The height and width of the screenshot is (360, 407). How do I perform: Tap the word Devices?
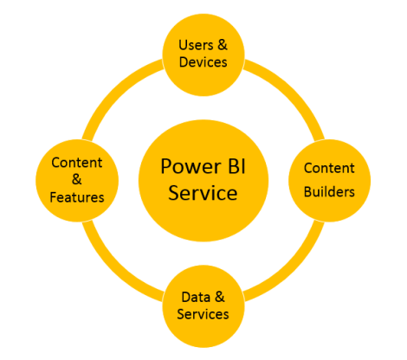tap(202, 62)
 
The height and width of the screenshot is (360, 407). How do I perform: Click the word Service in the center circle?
tap(201, 192)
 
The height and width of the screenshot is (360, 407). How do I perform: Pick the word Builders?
tap(329, 191)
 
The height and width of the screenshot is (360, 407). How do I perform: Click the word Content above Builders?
tap(329, 166)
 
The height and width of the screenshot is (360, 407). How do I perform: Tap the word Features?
tap(77, 197)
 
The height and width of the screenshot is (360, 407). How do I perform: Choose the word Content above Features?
tap(77, 163)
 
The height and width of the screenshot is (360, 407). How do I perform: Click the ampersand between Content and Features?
tap(77, 180)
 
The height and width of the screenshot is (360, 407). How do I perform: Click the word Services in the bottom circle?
tap(202, 314)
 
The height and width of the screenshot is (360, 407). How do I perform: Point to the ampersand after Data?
tap(220, 297)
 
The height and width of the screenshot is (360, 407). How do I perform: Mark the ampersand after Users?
tap(221, 44)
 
